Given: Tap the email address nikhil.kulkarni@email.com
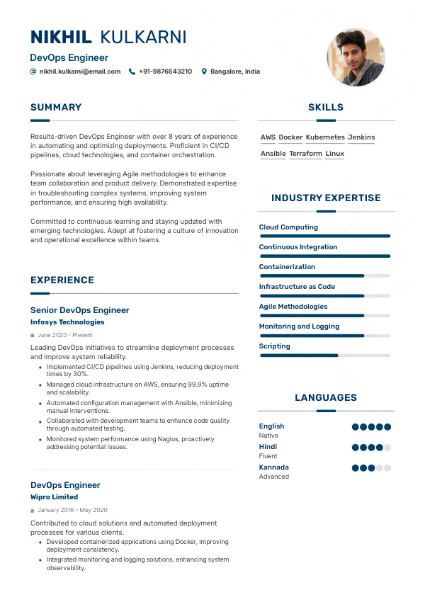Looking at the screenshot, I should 80,72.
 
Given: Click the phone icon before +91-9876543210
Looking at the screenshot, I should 132,72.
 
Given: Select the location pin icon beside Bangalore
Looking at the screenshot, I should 204,72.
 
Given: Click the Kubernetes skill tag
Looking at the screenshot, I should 325,137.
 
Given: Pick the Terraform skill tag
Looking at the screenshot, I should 306,154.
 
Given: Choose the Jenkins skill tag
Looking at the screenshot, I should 361,137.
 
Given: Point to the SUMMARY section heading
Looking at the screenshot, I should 56,108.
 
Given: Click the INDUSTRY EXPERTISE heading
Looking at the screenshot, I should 326,198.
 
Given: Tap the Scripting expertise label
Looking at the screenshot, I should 275,346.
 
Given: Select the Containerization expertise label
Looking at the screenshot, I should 287,267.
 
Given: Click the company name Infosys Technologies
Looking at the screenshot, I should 67,322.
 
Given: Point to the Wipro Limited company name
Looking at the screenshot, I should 55,497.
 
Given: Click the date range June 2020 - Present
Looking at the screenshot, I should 65,335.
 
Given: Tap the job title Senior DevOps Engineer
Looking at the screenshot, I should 80,310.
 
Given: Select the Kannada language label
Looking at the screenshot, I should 274,467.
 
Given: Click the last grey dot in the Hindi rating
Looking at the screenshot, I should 387,448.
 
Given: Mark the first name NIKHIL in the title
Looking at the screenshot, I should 62,38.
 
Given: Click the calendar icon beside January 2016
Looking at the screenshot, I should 33,511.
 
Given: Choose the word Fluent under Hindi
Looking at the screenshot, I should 268,456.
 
